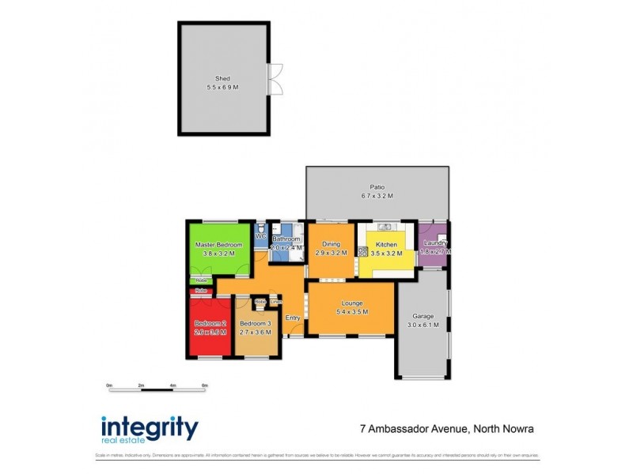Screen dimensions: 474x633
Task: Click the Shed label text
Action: click(222, 78)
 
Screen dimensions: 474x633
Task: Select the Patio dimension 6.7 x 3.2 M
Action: click(377, 196)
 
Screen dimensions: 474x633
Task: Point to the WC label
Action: click(260, 235)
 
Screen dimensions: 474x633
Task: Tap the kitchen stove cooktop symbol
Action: click(363, 252)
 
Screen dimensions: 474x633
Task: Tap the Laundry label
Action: click(435, 243)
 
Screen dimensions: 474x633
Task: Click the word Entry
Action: click(293, 318)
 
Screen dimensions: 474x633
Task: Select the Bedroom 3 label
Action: click(255, 323)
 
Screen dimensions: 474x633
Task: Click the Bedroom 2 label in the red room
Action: click(210, 323)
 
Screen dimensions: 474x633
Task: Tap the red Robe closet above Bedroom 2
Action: click(201, 291)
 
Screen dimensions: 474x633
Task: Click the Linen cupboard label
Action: click(275, 302)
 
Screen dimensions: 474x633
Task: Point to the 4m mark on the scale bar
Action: click(172, 386)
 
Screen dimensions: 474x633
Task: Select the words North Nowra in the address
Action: click(503, 429)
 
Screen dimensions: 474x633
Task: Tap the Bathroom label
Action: click(286, 239)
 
